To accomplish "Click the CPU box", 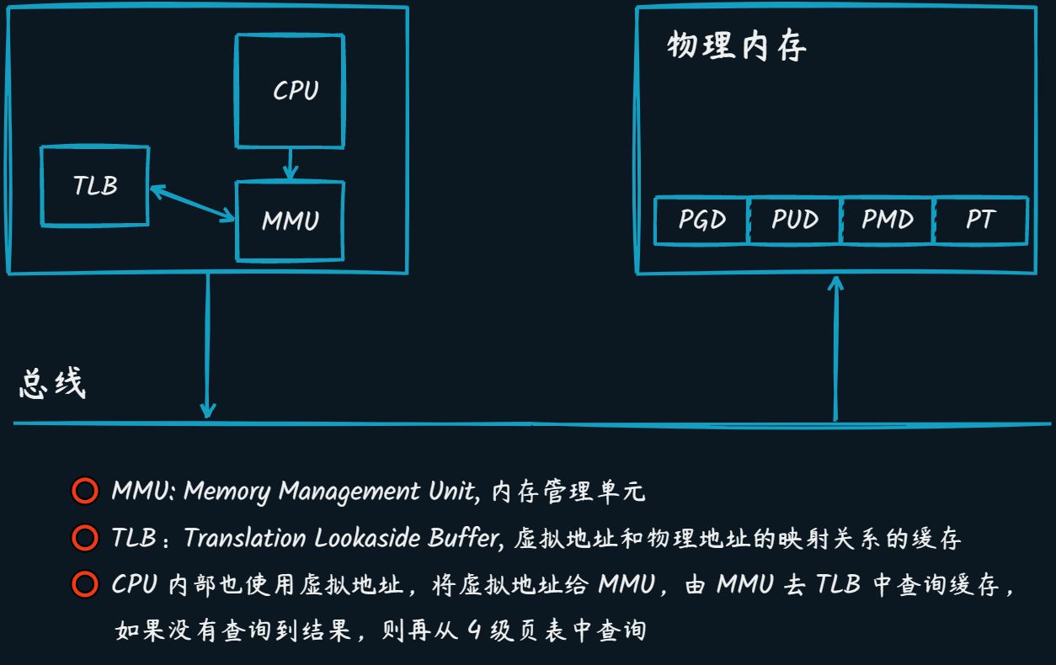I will click(290, 91).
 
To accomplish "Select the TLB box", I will click(95, 186).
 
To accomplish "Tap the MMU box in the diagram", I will click(290, 221).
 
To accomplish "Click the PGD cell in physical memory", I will click(701, 221).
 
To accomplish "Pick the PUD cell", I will click(794, 221).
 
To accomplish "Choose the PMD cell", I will click(887, 221).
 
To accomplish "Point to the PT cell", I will click(980, 221).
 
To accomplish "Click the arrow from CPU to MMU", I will click(290, 164).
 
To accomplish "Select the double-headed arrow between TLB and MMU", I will click(192, 204).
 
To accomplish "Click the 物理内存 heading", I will click(737, 47).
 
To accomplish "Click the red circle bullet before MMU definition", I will click(85, 491).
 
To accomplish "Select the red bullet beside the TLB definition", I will click(85, 537).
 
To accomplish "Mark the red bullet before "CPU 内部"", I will click(85, 583).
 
